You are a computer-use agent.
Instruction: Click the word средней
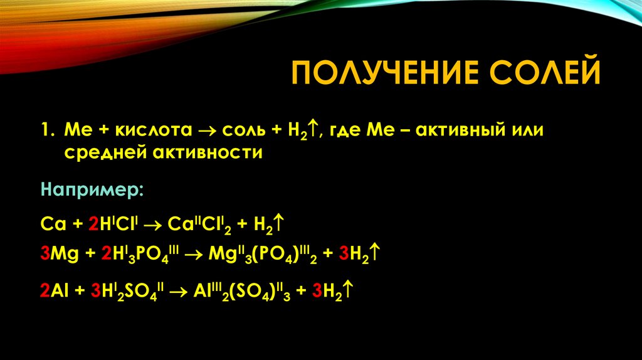point(102,152)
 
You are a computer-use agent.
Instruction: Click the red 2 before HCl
point(93,223)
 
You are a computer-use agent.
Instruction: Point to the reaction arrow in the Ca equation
point(153,223)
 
